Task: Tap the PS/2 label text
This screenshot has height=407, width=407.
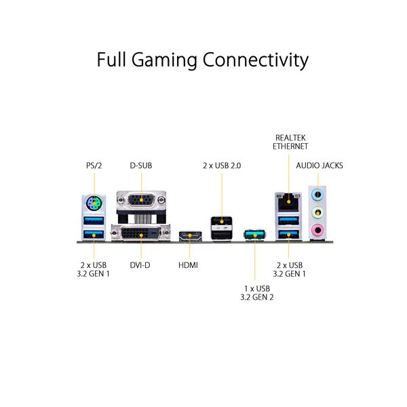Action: click(94, 165)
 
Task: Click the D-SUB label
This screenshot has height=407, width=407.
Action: click(142, 165)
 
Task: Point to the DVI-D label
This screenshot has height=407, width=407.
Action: click(141, 265)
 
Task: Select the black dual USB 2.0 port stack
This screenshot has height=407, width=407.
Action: click(221, 227)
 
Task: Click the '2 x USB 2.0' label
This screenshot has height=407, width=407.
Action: click(221, 165)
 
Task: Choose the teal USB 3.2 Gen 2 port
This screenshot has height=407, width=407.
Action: click(253, 235)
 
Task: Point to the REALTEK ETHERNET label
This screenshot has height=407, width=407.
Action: click(290, 141)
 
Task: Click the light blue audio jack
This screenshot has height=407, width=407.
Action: click(316, 193)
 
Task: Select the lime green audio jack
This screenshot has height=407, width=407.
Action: click(316, 213)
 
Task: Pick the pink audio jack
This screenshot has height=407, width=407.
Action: click(316, 232)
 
